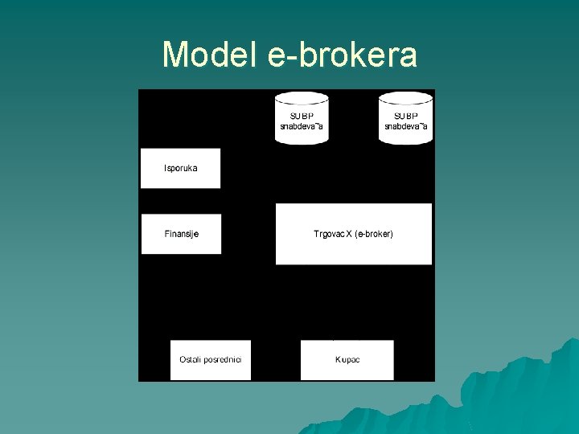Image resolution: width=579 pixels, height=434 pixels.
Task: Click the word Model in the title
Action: point(207,55)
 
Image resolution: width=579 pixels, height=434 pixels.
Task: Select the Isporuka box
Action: point(180,168)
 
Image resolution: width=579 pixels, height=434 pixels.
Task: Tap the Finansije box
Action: point(181,234)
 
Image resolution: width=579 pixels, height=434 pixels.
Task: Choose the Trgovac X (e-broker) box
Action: point(353,234)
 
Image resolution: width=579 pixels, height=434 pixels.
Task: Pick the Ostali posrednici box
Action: point(211,359)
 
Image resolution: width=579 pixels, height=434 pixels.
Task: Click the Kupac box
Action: point(347,359)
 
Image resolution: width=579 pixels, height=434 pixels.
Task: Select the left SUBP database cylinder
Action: point(302,118)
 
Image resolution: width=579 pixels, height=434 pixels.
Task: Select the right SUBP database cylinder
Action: point(406,118)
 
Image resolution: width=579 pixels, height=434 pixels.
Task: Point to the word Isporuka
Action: point(180,168)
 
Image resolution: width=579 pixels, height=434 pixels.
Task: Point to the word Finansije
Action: point(181,234)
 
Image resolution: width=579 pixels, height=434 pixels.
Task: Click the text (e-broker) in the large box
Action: point(374,234)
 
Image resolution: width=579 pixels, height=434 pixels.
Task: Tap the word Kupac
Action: point(347,359)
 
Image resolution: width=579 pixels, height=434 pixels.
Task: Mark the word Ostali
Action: point(191,359)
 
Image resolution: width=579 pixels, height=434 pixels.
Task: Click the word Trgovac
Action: point(329,234)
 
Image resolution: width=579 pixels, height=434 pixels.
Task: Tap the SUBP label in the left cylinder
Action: point(302,116)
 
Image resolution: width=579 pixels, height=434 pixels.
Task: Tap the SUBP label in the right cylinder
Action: point(406,116)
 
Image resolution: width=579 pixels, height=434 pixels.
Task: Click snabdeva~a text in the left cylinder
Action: point(302,126)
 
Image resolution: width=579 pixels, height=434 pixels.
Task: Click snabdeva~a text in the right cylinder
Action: point(406,126)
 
